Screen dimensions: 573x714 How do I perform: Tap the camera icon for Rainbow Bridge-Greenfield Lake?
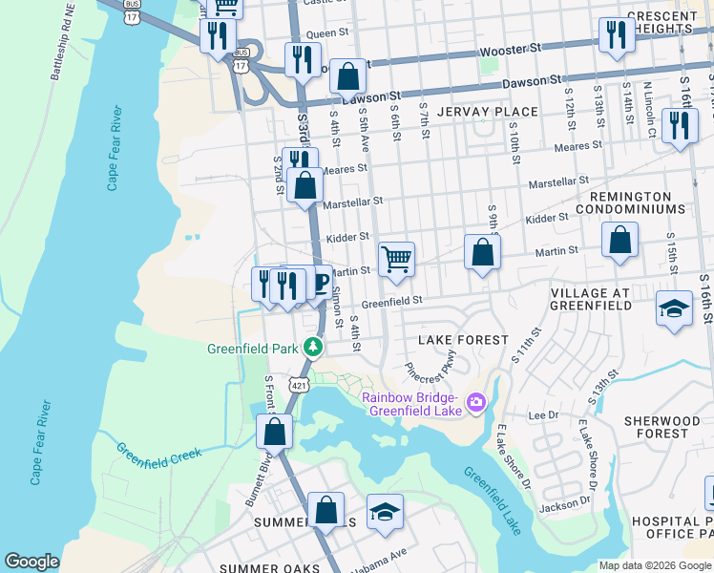click(x=475, y=403)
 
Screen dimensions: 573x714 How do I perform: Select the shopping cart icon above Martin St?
click(x=396, y=258)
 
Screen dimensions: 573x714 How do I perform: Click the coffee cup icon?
click(x=320, y=282)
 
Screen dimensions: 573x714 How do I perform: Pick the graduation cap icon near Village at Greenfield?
click(x=674, y=308)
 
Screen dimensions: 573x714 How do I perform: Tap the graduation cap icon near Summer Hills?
click(x=385, y=512)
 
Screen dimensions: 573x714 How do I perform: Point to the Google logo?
click(x=31, y=562)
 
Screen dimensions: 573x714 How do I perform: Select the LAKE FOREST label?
click(x=464, y=340)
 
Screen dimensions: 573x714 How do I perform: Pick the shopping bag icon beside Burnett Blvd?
click(x=274, y=431)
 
